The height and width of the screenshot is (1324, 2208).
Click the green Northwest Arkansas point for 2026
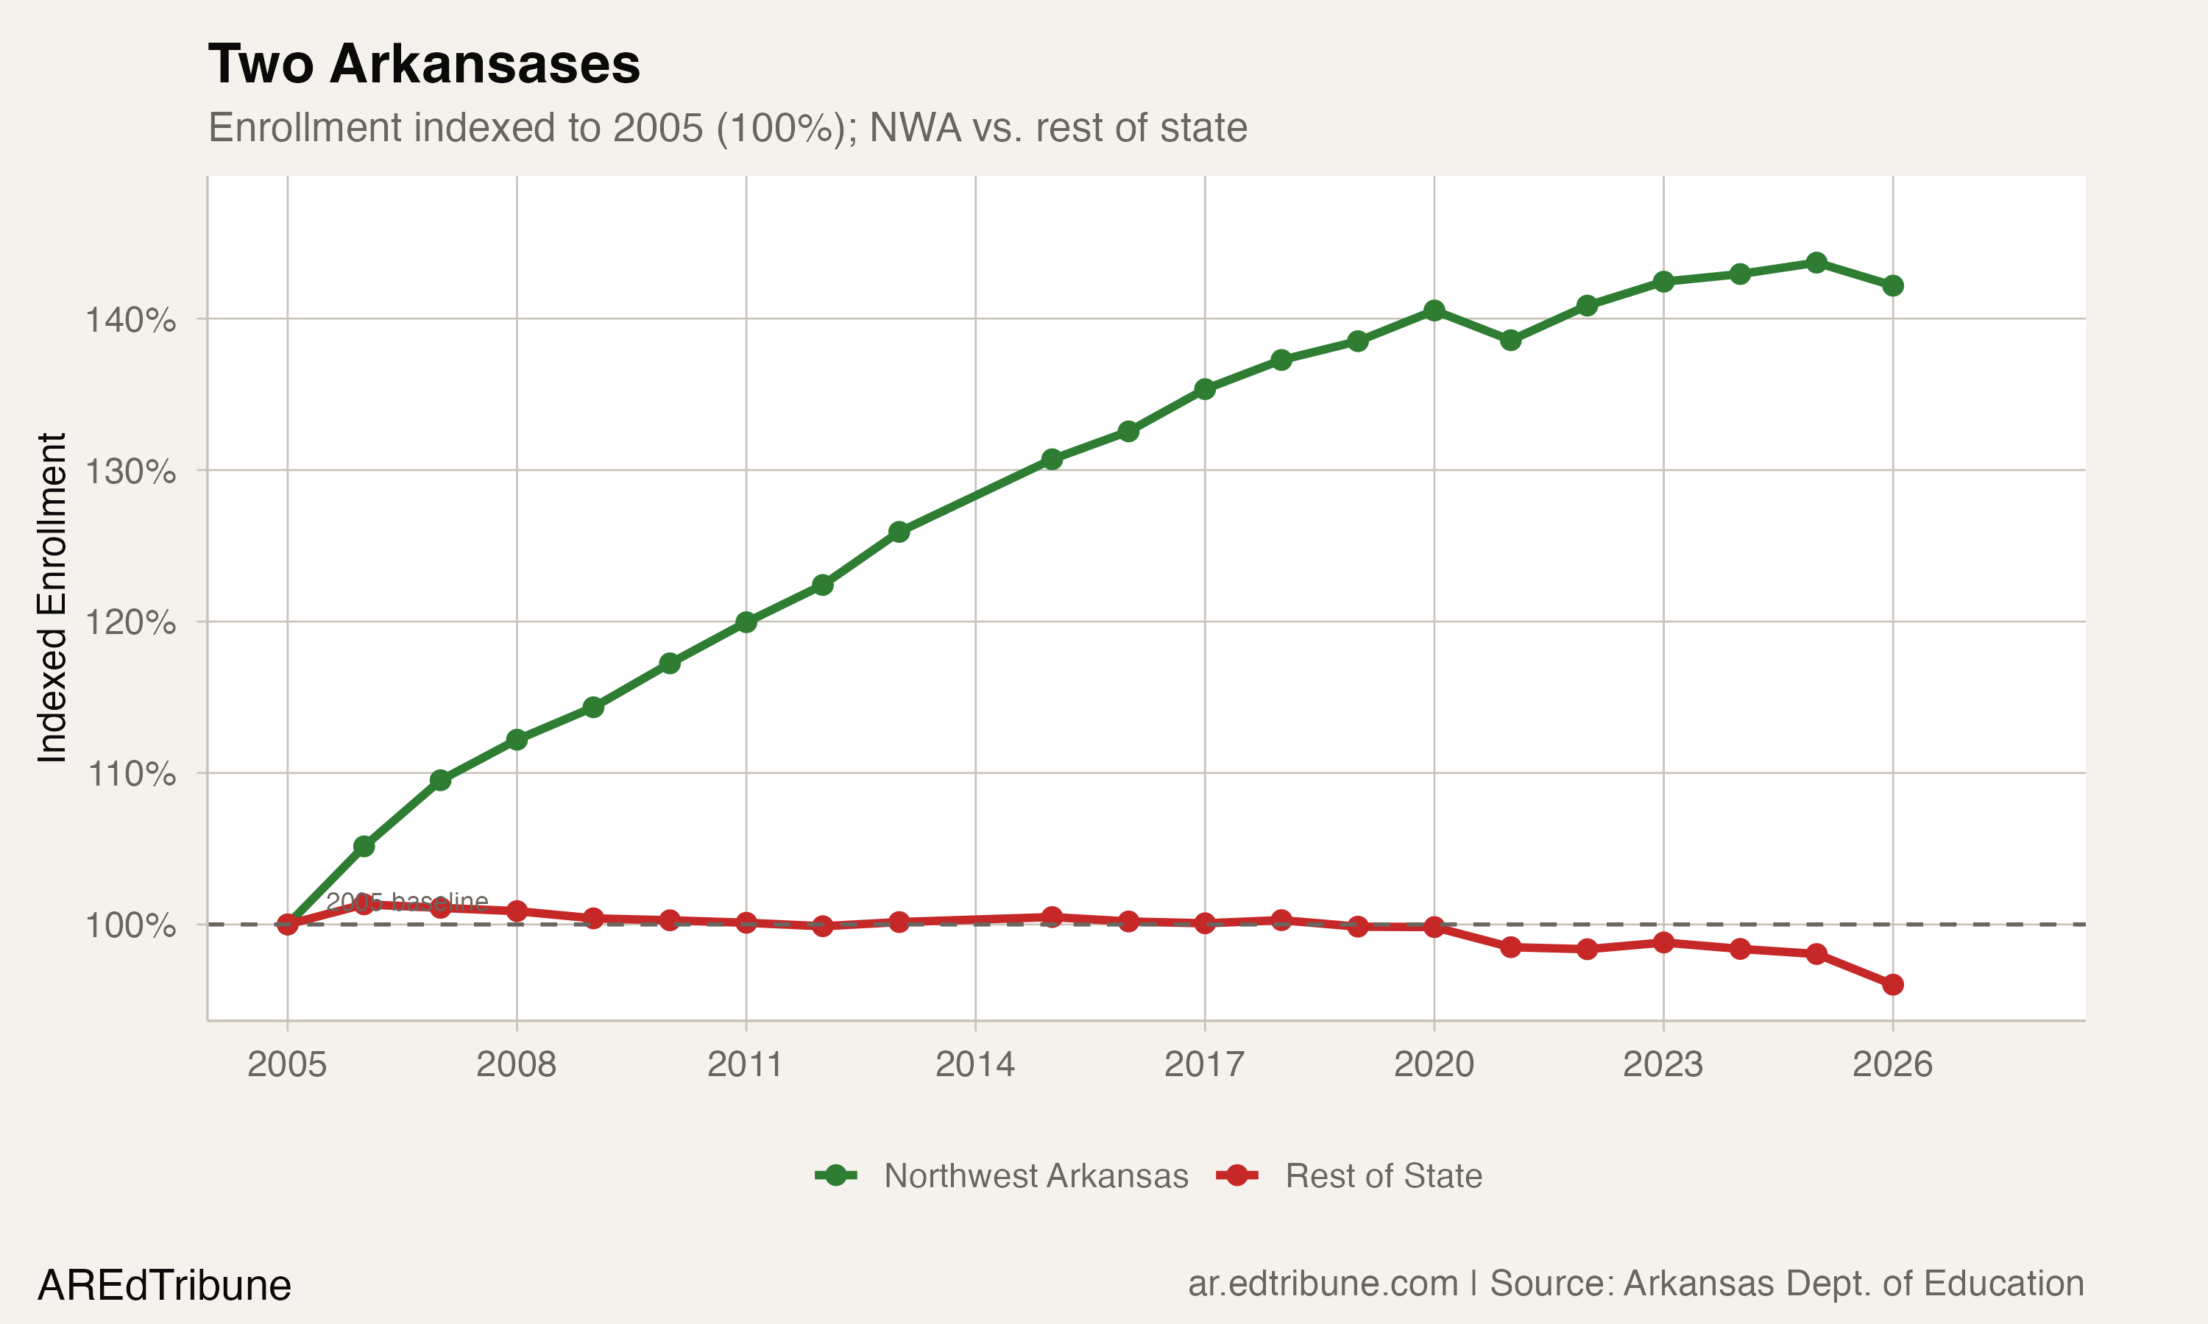click(x=1892, y=285)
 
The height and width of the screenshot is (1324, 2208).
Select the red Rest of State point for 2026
click(x=1892, y=985)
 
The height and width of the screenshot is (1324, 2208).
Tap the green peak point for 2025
click(x=1816, y=263)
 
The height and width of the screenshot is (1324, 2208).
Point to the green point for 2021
click(x=1510, y=340)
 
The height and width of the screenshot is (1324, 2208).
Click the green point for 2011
click(x=746, y=622)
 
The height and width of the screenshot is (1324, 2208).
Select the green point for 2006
click(x=364, y=846)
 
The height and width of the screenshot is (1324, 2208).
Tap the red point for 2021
click(x=1510, y=947)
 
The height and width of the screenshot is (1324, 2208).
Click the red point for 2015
click(x=1051, y=917)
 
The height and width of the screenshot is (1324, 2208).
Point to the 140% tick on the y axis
click(x=130, y=319)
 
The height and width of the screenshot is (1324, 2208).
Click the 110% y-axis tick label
click(x=130, y=774)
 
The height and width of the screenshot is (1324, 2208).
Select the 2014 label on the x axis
click(x=974, y=1064)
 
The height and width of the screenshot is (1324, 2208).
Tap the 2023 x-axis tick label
click(x=1663, y=1064)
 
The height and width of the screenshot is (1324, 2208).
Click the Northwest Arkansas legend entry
click(x=1036, y=1176)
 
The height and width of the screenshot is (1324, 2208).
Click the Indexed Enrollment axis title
click(x=52, y=598)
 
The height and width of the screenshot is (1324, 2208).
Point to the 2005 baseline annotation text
click(x=407, y=902)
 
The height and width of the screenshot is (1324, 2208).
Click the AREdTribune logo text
click(x=164, y=1286)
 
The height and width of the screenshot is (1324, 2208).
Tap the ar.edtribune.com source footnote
click(x=1635, y=1284)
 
